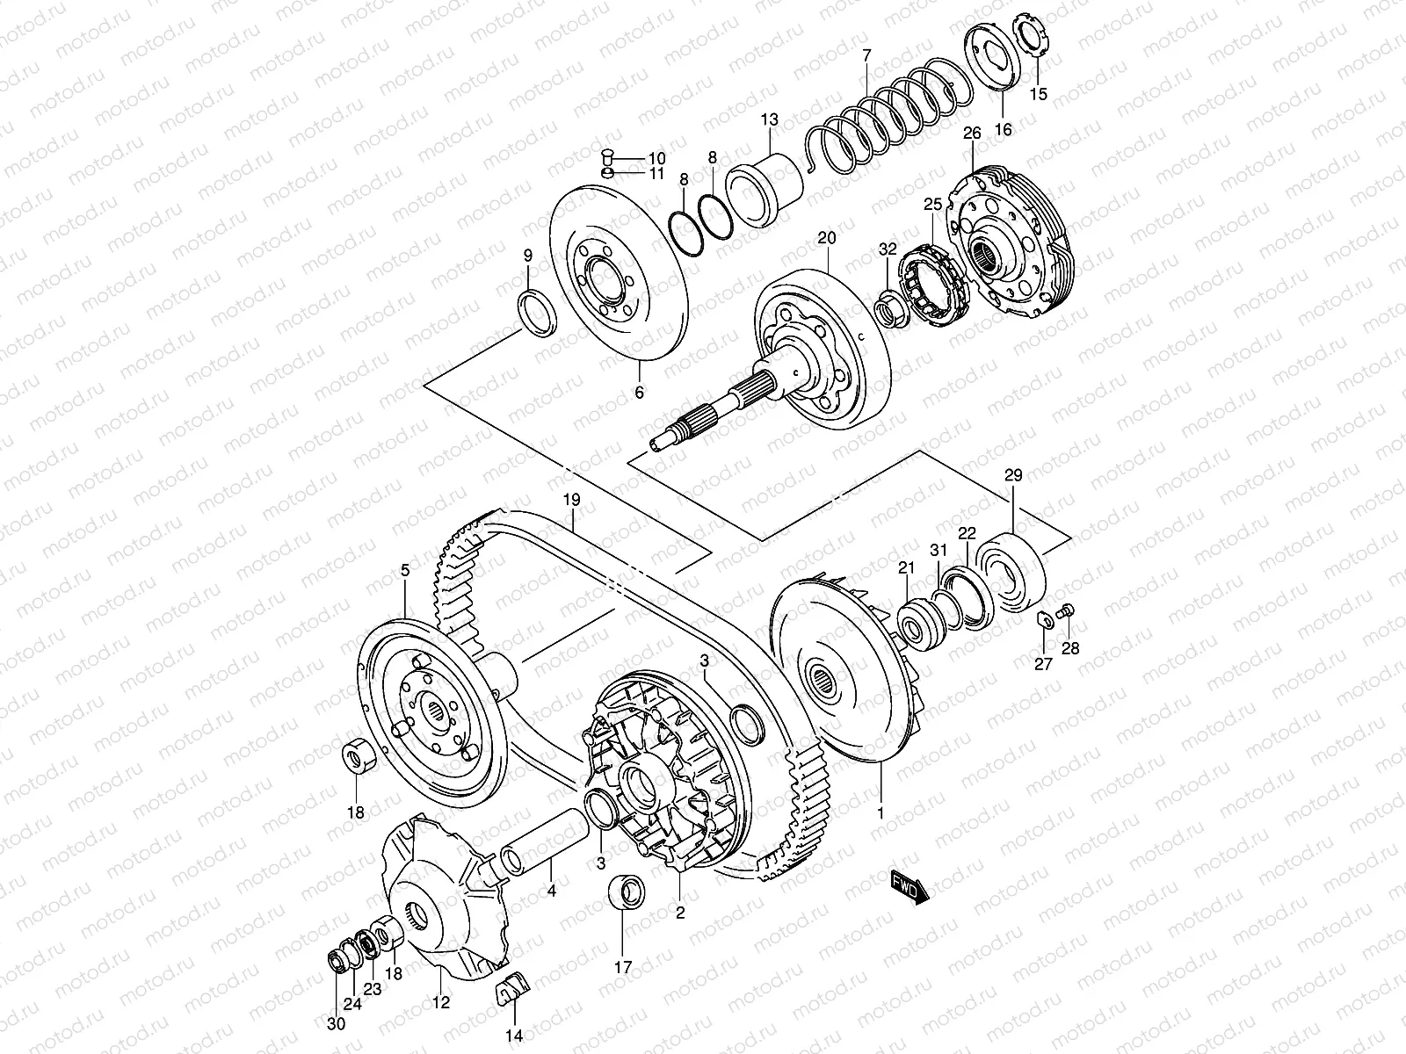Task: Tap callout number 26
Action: point(971,134)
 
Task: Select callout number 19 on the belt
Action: point(572,501)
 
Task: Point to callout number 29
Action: point(1013,475)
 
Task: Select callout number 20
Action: point(827,238)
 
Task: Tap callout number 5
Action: point(405,570)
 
